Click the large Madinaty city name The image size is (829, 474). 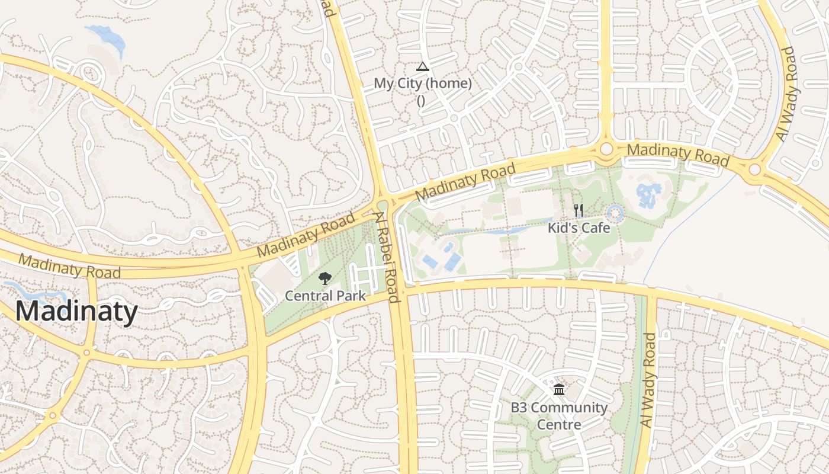(76, 311)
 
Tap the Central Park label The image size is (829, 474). (325, 295)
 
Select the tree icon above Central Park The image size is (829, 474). (324, 278)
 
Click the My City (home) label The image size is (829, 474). (423, 84)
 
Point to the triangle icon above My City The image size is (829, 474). (422, 66)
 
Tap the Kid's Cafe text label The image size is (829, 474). (579, 228)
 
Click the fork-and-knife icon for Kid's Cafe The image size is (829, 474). (579, 210)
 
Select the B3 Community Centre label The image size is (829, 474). (559, 416)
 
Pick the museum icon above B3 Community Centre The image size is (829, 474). (558, 390)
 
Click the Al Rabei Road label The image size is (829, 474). (387, 258)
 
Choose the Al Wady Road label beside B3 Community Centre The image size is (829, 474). (649, 380)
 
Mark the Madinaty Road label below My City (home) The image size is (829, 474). (465, 182)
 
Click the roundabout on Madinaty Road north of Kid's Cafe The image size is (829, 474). (606, 148)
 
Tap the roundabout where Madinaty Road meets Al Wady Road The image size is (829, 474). (754, 170)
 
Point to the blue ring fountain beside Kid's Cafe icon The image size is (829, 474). (616, 213)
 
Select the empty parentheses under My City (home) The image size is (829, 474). (421, 100)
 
